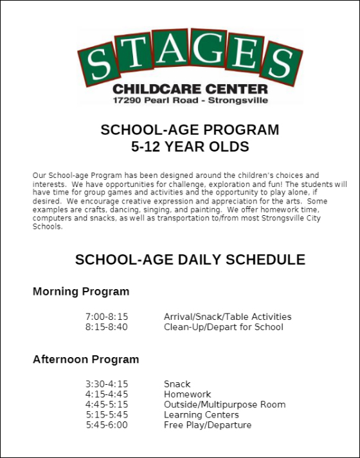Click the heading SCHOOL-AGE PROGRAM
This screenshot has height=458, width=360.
click(190, 130)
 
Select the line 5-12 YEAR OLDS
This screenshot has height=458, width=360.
click(190, 147)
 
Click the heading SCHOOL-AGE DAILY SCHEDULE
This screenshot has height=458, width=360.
click(190, 260)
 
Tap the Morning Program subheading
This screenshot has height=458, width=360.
click(81, 292)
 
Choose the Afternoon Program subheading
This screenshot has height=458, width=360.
click(85, 359)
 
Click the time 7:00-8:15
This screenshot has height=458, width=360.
click(107, 317)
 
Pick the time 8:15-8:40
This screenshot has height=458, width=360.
click(107, 327)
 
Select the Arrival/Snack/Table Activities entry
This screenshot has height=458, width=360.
click(228, 317)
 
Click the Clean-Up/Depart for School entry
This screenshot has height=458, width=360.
click(223, 327)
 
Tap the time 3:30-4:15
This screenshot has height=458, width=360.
click(107, 384)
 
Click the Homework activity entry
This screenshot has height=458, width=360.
click(187, 394)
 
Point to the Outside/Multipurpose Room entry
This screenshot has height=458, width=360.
click(224, 405)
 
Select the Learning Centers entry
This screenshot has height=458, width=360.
click(201, 415)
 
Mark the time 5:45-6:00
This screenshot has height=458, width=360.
click(107, 425)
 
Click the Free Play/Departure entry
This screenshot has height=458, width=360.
click(208, 425)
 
